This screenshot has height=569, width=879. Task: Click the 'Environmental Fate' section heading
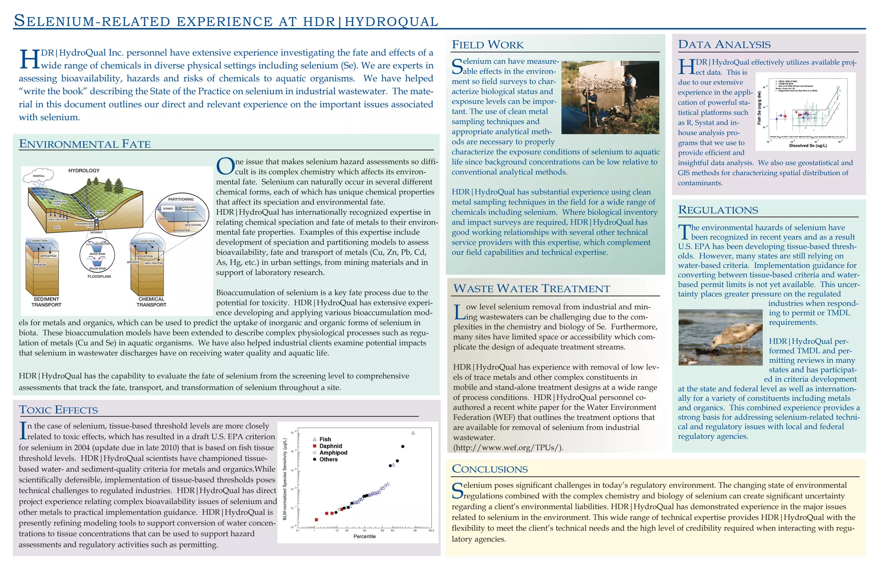point(85,144)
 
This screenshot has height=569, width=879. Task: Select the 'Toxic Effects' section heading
point(58,410)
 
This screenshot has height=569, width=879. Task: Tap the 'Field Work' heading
point(488,45)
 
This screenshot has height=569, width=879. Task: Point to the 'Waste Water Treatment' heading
point(531,289)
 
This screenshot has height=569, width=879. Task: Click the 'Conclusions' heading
point(490,469)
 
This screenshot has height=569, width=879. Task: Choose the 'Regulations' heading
point(718,210)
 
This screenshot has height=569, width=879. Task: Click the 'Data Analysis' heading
point(724,44)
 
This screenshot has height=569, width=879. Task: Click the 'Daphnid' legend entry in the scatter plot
point(330,446)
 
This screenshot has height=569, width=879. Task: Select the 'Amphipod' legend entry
point(333,453)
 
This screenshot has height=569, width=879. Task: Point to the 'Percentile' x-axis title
point(364,536)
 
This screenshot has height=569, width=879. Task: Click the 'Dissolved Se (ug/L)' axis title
point(808,146)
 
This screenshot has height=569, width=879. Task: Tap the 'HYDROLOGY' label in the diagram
point(84,170)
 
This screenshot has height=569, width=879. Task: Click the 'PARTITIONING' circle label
point(181,199)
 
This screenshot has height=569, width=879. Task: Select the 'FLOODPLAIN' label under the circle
point(99,277)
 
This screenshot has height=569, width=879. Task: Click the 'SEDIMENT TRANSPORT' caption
point(46,302)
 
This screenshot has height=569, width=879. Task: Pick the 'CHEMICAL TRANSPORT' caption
point(152,302)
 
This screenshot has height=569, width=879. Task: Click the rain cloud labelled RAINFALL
point(39,175)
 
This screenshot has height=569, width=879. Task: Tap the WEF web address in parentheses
point(508,448)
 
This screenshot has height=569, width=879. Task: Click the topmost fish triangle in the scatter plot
point(413,433)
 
